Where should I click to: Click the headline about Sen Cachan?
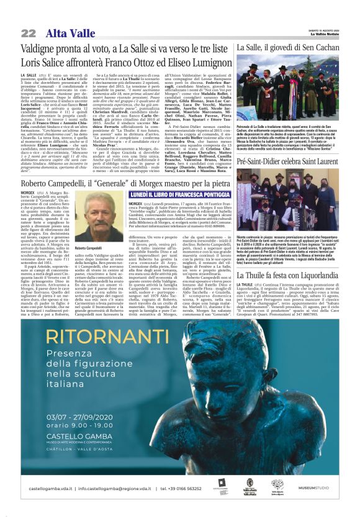(x=295, y=48)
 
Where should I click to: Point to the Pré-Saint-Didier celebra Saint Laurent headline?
(x=295, y=161)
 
